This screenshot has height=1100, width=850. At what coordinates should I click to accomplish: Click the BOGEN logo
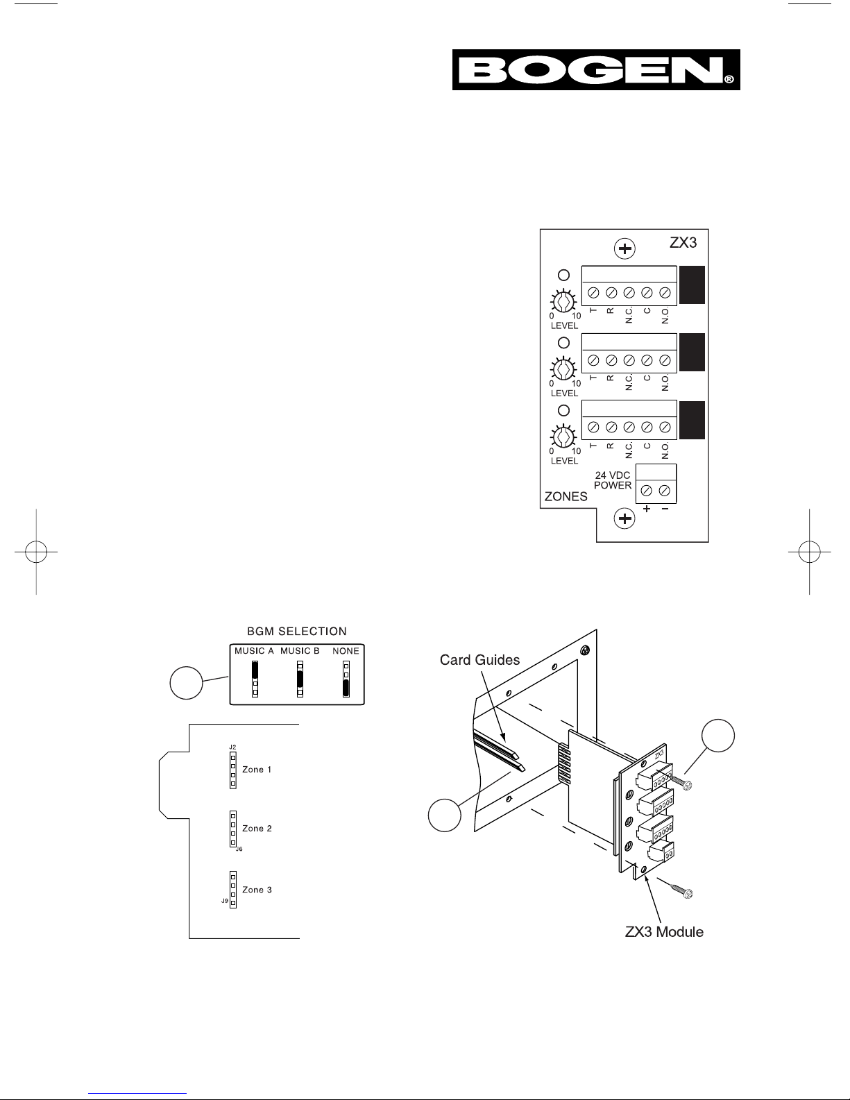click(x=596, y=70)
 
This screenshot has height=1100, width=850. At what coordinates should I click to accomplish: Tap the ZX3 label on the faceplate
click(x=683, y=243)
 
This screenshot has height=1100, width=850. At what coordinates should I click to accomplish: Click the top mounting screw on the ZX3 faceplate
click(x=625, y=248)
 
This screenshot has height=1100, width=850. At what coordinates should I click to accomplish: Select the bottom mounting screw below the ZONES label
click(x=624, y=519)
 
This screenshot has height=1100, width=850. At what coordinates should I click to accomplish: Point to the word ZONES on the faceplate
click(x=566, y=497)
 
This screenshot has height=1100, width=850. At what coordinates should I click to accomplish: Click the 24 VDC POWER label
click(x=613, y=480)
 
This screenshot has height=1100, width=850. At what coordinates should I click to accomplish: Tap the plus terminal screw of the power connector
click(x=647, y=491)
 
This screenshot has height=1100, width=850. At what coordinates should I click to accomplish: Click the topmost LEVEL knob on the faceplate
click(x=563, y=302)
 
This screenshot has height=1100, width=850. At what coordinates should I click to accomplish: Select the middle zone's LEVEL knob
click(x=563, y=369)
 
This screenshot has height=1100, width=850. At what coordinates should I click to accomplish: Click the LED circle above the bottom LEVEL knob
click(x=563, y=410)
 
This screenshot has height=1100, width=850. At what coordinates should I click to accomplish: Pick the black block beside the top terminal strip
click(x=692, y=285)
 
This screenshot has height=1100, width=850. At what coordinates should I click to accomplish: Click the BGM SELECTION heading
click(x=297, y=632)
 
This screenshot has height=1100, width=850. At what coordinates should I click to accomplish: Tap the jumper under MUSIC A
click(x=255, y=678)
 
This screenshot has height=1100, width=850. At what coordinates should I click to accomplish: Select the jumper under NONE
click(x=346, y=678)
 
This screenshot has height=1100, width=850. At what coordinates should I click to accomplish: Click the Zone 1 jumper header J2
click(x=233, y=770)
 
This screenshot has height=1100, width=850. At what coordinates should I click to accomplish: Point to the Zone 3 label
click(x=257, y=890)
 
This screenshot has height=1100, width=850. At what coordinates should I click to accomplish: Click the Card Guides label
click(x=479, y=660)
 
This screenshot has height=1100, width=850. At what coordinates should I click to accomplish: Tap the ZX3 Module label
click(x=664, y=932)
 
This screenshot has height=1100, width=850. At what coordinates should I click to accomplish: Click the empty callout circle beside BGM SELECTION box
click(x=186, y=683)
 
